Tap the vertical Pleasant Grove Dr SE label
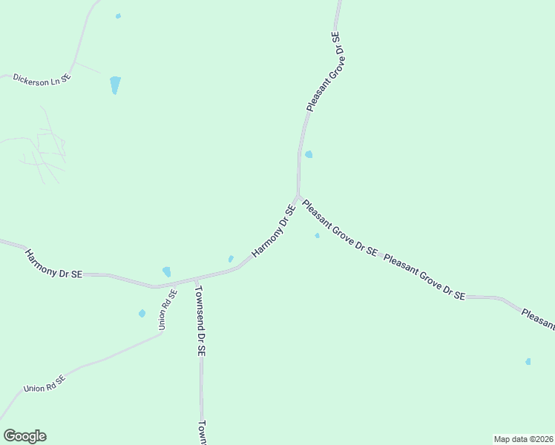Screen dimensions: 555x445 pos(325,71)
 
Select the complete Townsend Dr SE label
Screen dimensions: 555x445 pos(200,321)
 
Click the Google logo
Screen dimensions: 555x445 pos(24,436)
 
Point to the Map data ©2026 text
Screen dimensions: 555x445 pos(524,438)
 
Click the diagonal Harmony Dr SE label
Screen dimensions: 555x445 pos(274,231)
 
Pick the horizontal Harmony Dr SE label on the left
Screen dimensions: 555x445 pos(53,264)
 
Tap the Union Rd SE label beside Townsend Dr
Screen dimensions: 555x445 pos(167,309)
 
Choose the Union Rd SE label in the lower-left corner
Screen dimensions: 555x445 pos(45,383)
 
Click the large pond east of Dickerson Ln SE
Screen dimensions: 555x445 pos(115,85)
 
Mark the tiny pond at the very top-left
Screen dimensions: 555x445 pos(118,16)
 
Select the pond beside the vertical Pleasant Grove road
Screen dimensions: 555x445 pos(309,154)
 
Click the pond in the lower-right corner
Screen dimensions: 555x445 pos(528,361)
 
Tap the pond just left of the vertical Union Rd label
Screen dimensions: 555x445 pos(142,314)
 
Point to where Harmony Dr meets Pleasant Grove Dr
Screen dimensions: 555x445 pos(298,198)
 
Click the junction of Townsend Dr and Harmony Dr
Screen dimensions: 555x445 pos(196,280)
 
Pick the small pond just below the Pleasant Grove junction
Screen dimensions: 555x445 pos(317,236)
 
